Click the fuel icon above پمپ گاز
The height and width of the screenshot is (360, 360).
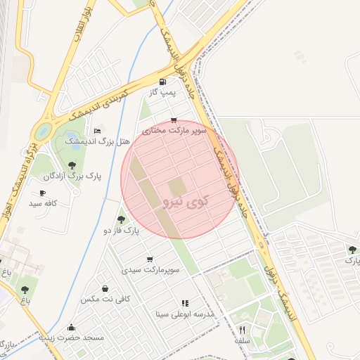[163, 81]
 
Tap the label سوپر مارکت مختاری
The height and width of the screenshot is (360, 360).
[174, 131]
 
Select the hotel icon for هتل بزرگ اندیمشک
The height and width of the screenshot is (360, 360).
[97, 131]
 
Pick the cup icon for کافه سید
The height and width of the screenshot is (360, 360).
[43, 193]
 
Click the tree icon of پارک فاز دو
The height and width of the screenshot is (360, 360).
[121, 219]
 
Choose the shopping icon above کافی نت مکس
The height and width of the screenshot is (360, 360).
[105, 288]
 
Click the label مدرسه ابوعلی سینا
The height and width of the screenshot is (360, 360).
[184, 314]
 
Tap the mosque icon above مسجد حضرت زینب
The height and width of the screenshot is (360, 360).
[72, 328]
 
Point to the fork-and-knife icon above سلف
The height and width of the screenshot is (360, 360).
[243, 329]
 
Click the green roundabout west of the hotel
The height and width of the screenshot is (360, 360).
[44, 131]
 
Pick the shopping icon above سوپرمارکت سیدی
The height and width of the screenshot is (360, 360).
[149, 259]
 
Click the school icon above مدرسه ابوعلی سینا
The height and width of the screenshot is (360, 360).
[184, 303]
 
